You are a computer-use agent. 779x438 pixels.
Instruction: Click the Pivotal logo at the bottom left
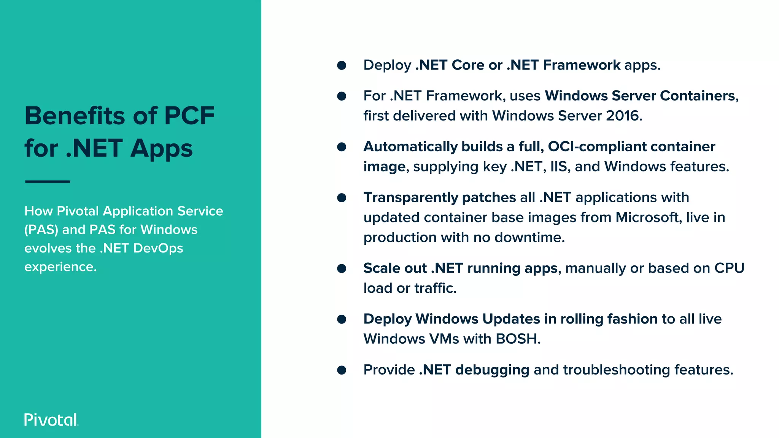tap(51, 420)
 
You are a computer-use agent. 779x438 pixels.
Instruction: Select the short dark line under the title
tap(48, 182)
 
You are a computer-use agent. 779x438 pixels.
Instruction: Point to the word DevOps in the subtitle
tap(158, 248)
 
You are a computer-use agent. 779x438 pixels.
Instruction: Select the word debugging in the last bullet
tap(492, 370)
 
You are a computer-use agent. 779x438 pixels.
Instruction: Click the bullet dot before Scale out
tap(342, 269)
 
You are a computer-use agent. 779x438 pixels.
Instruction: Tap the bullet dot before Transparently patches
tap(342, 198)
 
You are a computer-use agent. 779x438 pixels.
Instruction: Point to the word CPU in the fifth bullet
tap(729, 268)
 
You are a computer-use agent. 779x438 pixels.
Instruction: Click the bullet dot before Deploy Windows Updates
tap(342, 319)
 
